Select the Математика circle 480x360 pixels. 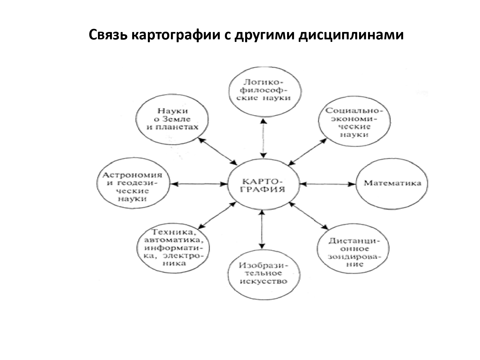tap(392, 184)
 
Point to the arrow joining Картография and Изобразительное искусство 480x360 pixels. tap(262, 230)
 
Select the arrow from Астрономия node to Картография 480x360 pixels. tap(199, 184)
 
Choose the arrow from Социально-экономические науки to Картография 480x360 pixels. tap(308, 152)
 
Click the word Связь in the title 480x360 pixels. tap(108, 35)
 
